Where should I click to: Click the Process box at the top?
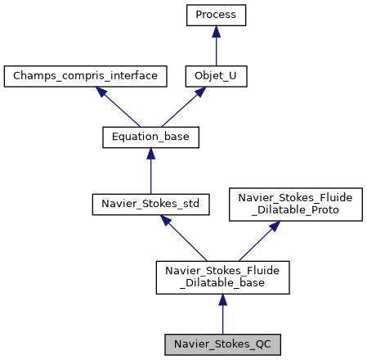point(216,14)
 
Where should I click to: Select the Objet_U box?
point(216,77)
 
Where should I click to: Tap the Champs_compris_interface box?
point(85,77)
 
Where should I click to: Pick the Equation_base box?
point(150,137)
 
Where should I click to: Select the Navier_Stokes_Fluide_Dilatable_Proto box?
point(288,204)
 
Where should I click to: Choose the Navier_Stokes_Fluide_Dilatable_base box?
point(222,277)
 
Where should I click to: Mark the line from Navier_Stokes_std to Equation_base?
point(150,173)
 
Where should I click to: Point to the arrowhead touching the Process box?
point(216,31)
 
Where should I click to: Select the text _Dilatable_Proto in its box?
point(288,210)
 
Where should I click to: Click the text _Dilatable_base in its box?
point(222,283)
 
